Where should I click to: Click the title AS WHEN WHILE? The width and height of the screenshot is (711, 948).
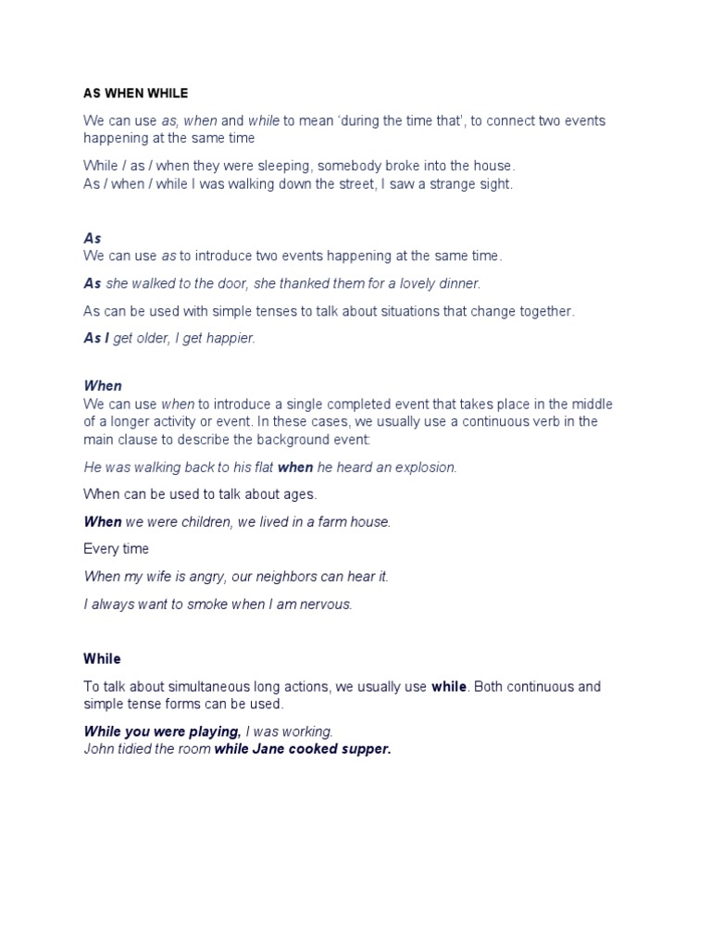(135, 94)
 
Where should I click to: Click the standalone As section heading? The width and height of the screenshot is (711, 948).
(92, 238)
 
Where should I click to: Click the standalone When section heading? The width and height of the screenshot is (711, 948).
(103, 385)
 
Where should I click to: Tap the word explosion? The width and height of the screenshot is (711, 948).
(426, 468)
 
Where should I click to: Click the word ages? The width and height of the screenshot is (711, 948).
(300, 494)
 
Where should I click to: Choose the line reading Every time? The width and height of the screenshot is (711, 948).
(116, 549)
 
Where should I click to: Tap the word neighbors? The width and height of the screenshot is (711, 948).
(278, 577)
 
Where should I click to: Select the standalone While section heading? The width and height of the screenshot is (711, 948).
(102, 659)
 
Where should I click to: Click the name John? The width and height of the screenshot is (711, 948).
(100, 749)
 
